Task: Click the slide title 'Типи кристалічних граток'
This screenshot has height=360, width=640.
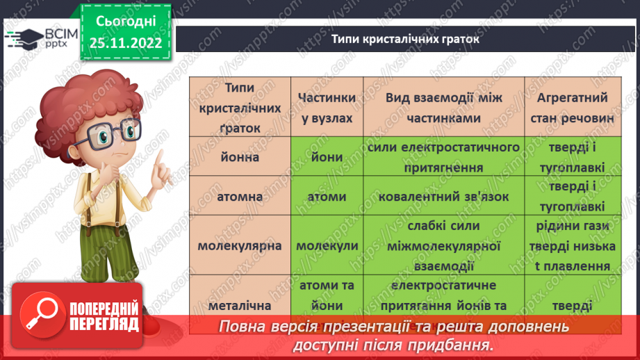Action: point(405,39)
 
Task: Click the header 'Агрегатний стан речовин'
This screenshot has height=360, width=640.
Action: point(573,108)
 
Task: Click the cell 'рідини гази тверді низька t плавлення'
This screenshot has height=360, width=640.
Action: point(573,246)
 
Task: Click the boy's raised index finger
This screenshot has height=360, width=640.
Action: point(159,161)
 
